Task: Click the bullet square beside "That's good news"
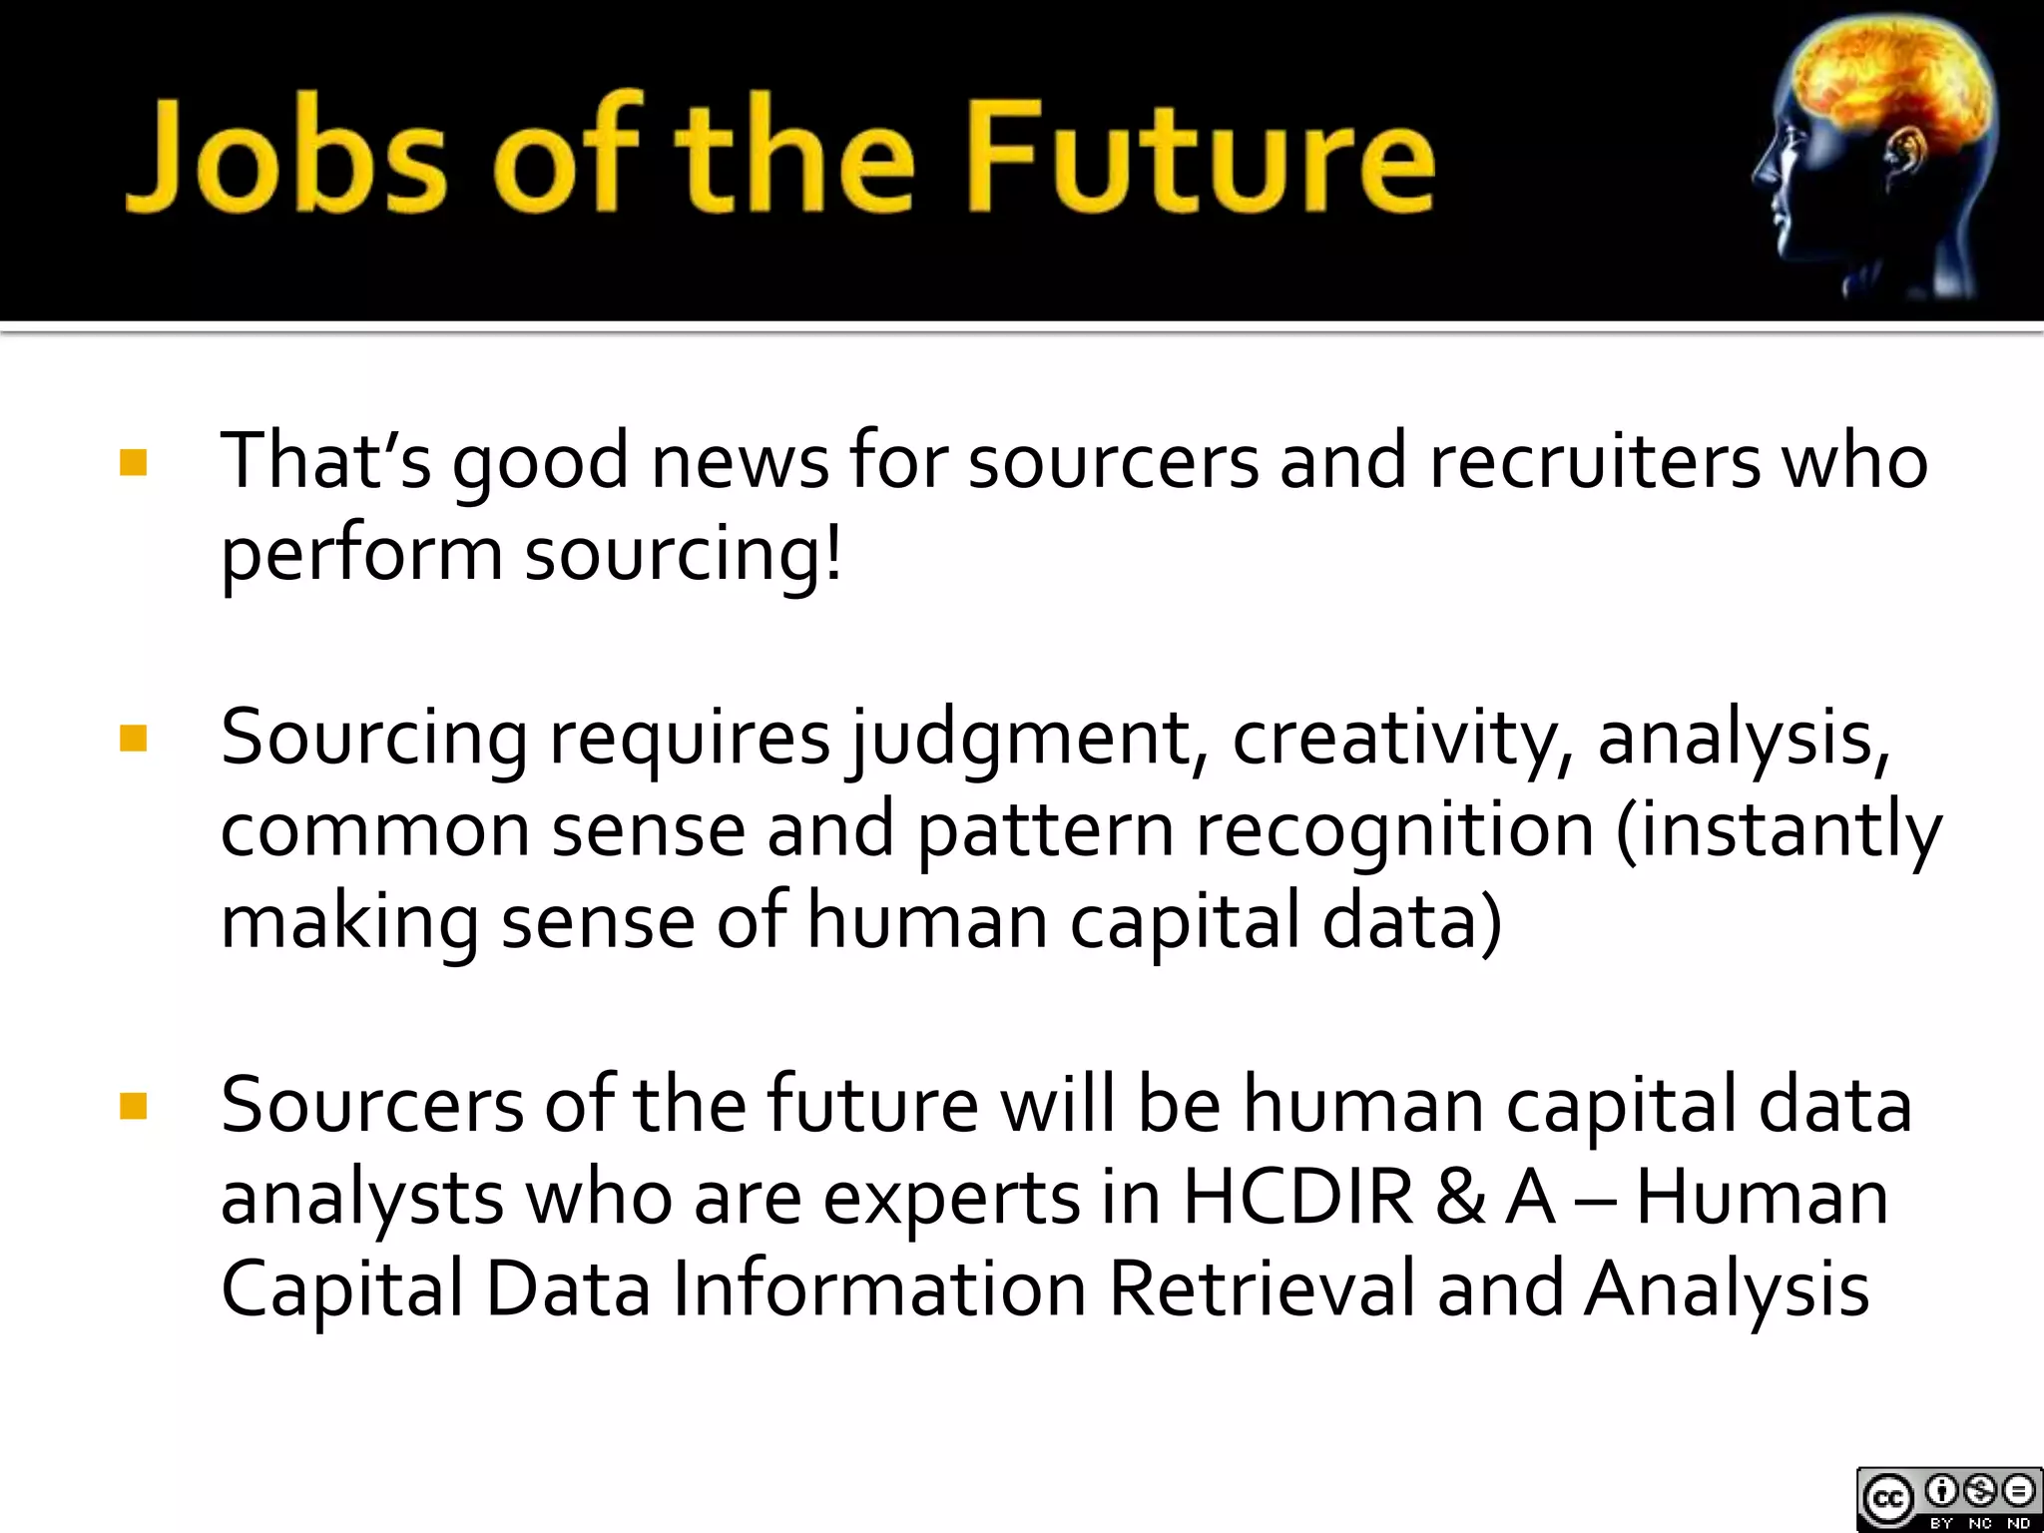point(133,463)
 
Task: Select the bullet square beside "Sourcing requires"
point(133,739)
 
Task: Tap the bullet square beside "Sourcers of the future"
point(133,1106)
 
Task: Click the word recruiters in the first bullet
point(1595,461)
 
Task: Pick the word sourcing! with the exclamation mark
point(684,555)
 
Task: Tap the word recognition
point(1395,830)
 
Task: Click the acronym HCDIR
point(1297,1198)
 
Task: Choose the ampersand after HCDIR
point(1459,1198)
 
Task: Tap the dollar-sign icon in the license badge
point(1980,1491)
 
